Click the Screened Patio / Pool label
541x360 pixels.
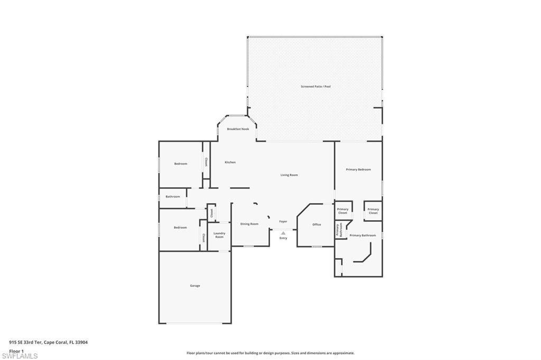[315, 86]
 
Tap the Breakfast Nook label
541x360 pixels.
[238, 129]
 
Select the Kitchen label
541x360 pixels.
[230, 162]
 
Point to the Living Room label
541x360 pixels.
[289, 175]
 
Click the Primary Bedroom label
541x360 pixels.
[358, 169]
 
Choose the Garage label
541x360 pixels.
[195, 286]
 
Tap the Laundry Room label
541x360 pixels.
[219, 235]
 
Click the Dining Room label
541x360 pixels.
[249, 224]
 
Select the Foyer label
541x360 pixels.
[283, 221]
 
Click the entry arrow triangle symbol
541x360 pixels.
[283, 233]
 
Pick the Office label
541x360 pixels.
[316, 224]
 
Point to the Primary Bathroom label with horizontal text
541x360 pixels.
[362, 235]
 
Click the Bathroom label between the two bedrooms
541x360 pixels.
[173, 196]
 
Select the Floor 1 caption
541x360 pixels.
[17, 350]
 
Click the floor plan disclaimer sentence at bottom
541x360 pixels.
[270, 353]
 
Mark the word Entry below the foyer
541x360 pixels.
[283, 238]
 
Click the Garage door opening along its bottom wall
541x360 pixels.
[194, 323]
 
